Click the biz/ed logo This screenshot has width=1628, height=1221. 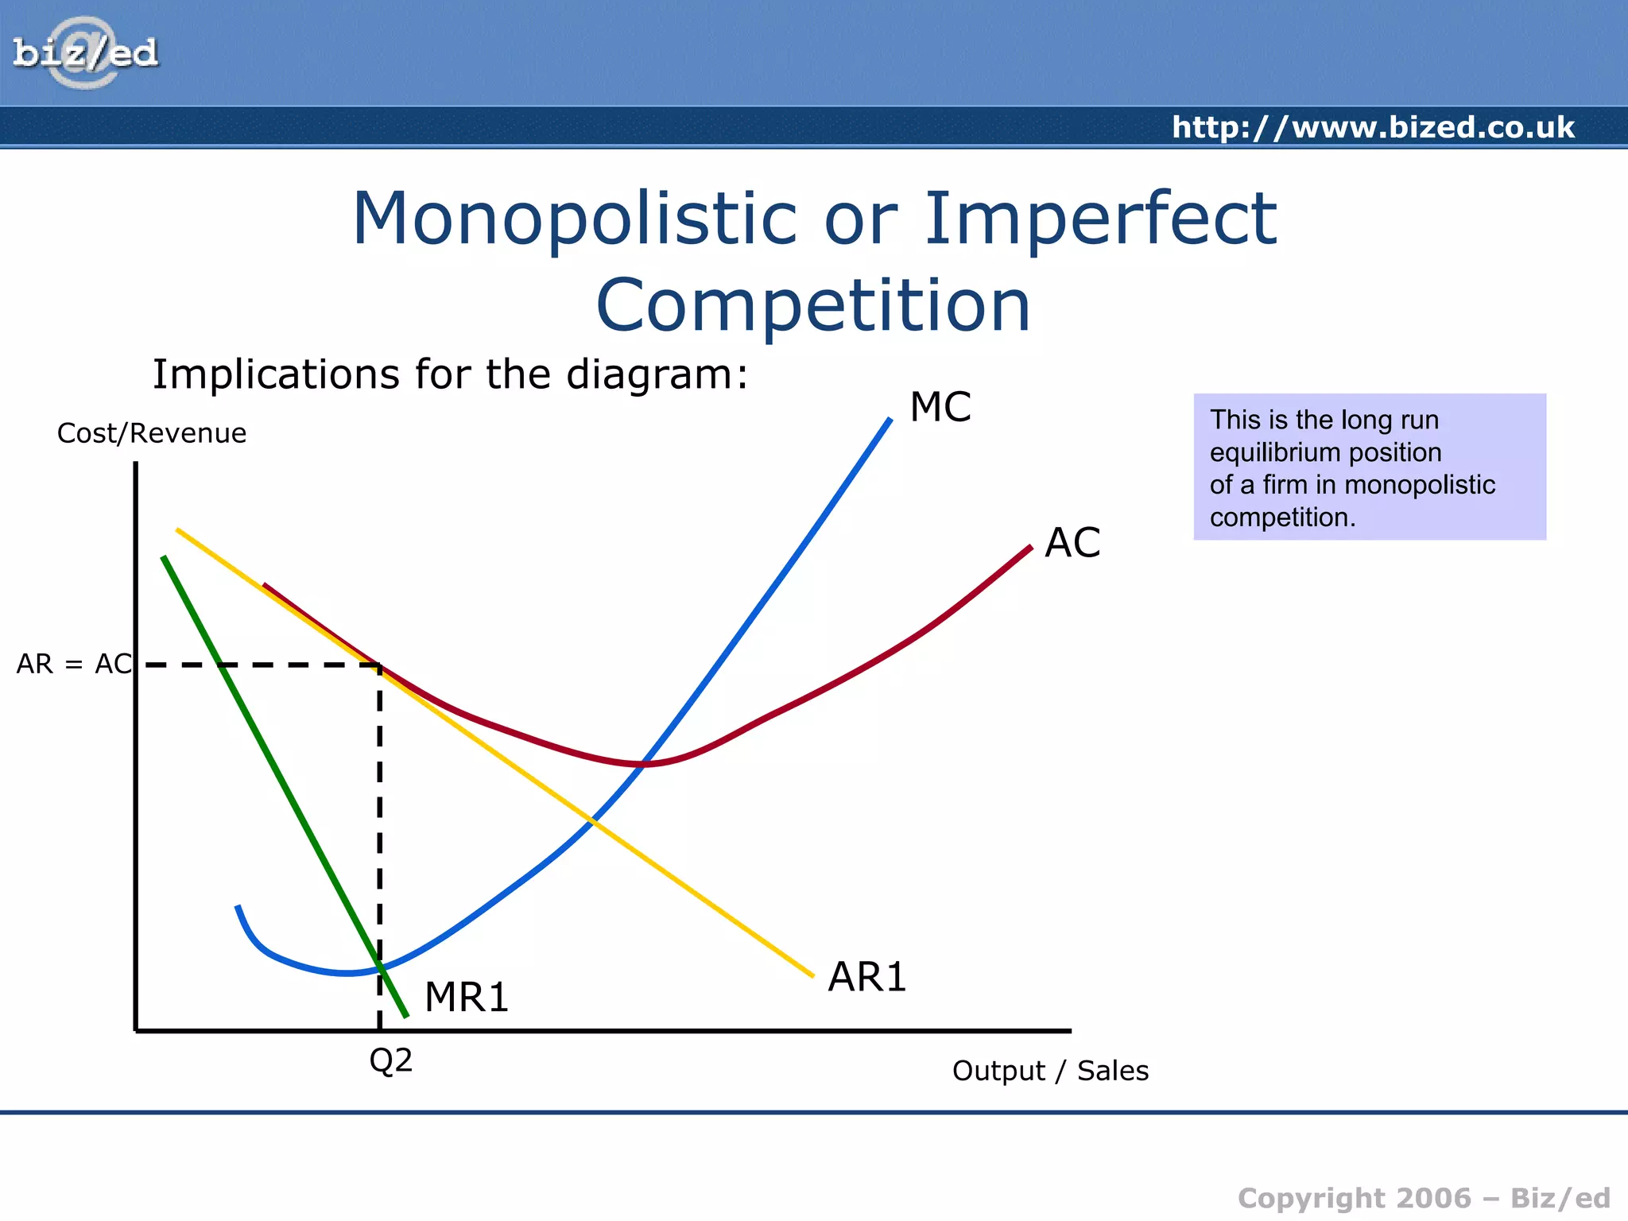(85, 53)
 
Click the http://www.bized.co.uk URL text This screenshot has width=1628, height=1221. (1373, 127)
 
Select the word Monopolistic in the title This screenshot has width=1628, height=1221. (574, 219)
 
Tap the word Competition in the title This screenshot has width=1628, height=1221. (813, 306)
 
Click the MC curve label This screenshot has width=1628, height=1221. (940, 407)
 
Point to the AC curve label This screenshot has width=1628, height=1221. (1072, 543)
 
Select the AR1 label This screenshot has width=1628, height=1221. (866, 977)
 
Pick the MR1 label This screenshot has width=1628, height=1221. (467, 997)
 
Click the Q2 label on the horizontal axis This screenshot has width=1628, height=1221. (390, 1060)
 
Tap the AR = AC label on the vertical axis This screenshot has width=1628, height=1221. (74, 664)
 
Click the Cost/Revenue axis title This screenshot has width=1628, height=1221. (152, 433)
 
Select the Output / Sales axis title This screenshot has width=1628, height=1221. (1050, 1071)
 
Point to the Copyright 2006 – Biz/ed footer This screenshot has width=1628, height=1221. (1423, 1198)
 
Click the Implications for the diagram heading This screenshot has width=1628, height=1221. (450, 374)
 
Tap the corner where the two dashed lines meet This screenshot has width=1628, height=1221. (380, 665)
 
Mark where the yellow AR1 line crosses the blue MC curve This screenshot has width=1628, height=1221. (593, 820)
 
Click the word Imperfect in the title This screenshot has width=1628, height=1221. (1100, 219)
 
